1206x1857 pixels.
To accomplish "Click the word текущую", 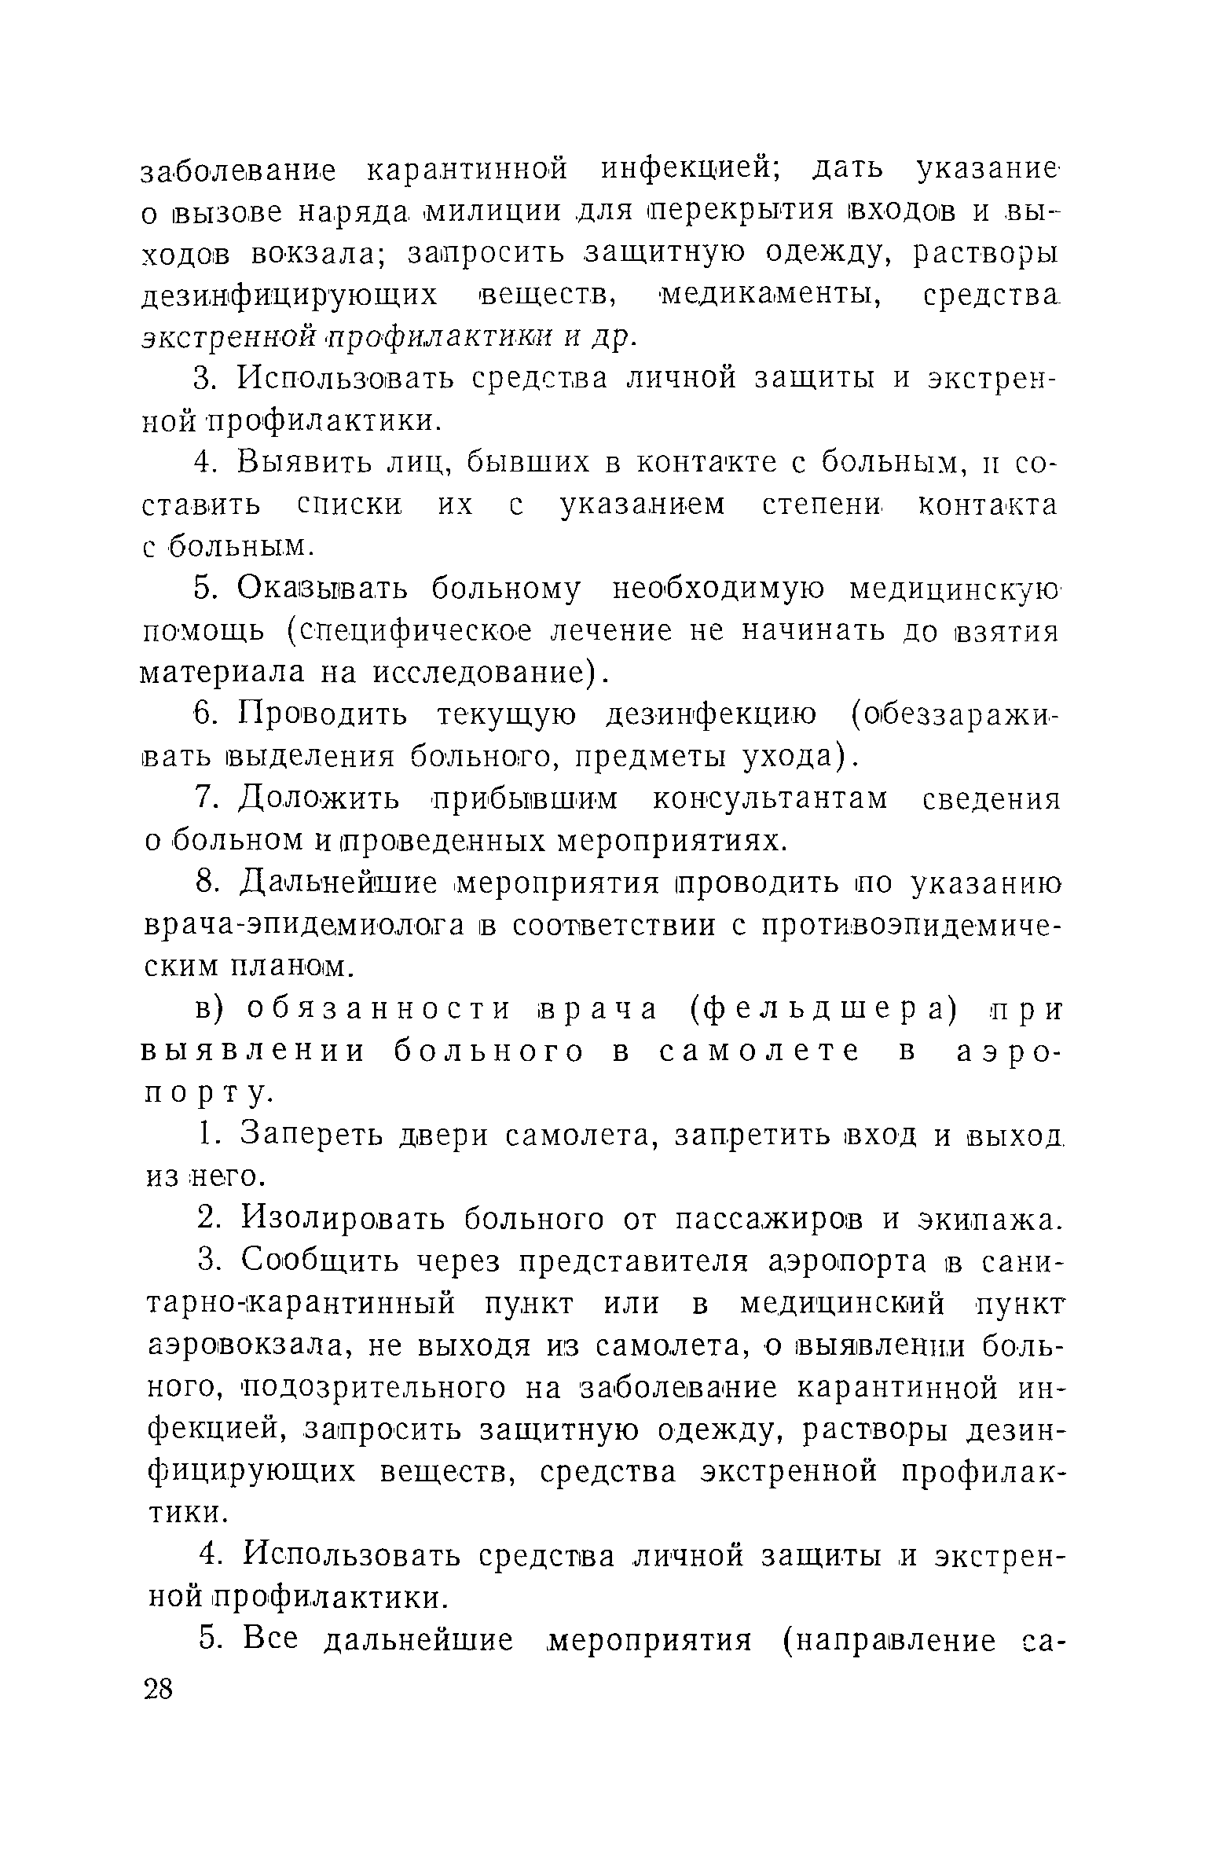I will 504,715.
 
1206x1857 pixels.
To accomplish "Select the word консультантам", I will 771,799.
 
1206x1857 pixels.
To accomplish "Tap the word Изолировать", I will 343,1219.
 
